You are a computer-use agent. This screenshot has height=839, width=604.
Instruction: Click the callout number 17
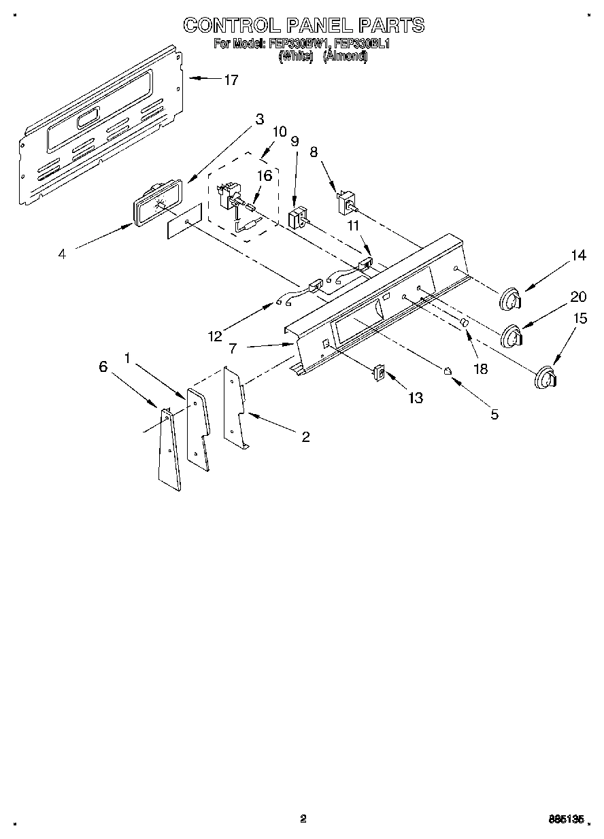(231, 80)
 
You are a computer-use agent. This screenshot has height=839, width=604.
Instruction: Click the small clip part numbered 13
(380, 373)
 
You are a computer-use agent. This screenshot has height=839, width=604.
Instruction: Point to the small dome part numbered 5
(448, 370)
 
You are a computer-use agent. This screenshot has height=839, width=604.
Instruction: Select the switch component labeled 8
(347, 202)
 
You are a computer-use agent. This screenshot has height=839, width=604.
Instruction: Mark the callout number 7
(233, 348)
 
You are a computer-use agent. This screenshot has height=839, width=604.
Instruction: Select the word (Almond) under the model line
(345, 57)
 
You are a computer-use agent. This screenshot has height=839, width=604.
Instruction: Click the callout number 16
(264, 175)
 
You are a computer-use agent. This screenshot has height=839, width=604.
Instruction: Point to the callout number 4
(62, 254)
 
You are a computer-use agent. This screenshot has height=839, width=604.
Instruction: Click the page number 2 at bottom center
(303, 819)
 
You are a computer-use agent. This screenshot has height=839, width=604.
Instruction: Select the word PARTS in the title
(391, 25)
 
